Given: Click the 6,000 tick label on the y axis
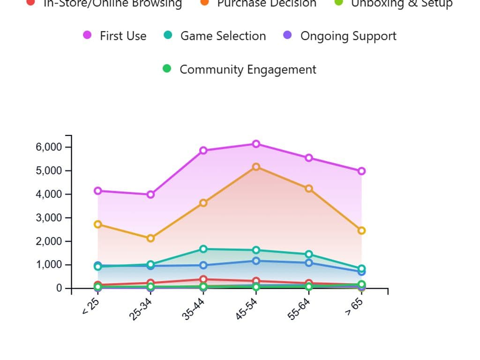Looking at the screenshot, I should [49, 147].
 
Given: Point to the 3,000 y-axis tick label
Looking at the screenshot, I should [49, 218].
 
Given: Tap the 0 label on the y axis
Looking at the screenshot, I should [59, 288].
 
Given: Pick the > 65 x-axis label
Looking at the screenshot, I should [355, 307].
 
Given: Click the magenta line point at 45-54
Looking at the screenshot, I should [256, 144].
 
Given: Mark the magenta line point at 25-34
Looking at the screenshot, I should [150, 195].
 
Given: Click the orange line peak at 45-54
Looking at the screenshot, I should [256, 167].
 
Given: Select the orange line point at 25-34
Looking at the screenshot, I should [150, 238].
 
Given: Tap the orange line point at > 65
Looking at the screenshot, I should [361, 231].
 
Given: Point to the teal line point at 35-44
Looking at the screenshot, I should [203, 249].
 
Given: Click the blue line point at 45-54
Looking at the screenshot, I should [256, 261].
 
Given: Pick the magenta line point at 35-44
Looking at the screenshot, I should [203, 150].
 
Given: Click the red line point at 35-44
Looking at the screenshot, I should [203, 279].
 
